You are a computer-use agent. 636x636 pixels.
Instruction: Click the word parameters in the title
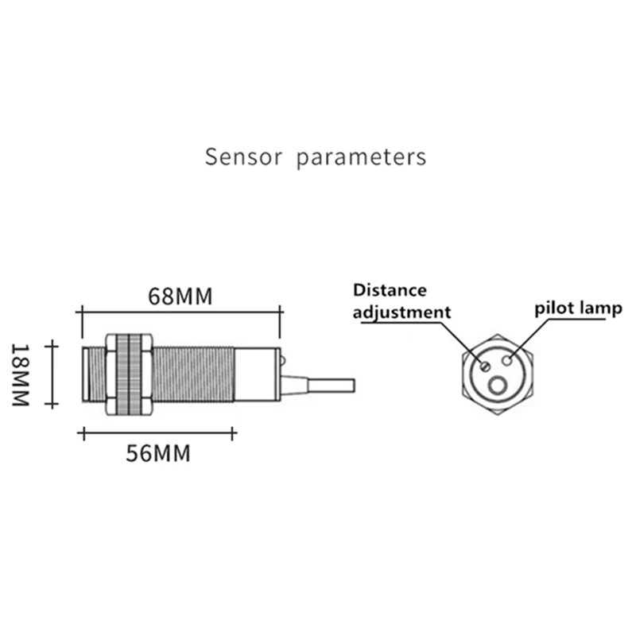pos(361,157)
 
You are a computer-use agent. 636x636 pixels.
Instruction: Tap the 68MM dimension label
pos(180,297)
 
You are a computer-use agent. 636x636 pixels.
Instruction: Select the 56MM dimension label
pos(158,454)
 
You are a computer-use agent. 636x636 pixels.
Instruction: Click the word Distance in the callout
pos(390,290)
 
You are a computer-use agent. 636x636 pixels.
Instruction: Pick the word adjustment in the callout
pos(401,312)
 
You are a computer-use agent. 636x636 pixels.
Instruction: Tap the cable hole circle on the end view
pos(499,386)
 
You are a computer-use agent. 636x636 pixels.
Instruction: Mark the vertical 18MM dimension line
pos(52,374)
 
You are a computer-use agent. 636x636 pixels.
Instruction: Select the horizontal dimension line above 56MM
pos(158,433)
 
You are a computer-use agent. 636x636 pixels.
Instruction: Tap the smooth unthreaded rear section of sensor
pos(256,374)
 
